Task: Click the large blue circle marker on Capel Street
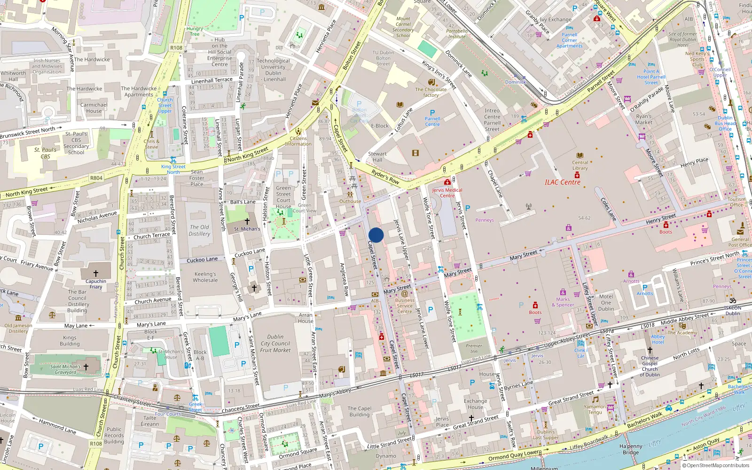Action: point(376,235)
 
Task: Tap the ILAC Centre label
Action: point(562,182)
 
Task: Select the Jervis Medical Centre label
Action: point(447,193)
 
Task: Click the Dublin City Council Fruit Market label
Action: point(275,344)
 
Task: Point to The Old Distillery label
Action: point(199,230)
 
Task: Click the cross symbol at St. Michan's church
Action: point(247,221)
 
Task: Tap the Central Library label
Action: point(580,165)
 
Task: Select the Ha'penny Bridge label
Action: point(631,449)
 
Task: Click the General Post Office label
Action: point(740,242)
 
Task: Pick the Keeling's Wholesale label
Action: point(205,277)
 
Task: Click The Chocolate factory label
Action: point(431,92)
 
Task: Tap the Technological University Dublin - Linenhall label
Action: point(274,70)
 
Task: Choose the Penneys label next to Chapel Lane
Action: point(485,220)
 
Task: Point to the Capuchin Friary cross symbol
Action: point(96,273)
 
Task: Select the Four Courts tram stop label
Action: point(168,414)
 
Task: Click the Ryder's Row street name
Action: point(385,177)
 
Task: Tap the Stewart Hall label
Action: point(377,157)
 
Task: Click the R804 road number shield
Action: point(96,178)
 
